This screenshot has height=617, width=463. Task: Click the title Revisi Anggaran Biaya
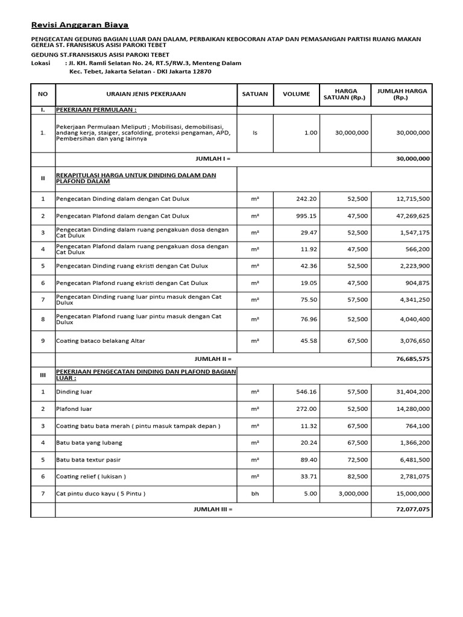[x=80, y=25]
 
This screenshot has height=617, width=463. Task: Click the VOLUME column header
[x=297, y=94]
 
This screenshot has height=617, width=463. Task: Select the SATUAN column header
[x=255, y=94]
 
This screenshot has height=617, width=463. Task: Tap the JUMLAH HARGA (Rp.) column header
[x=402, y=94]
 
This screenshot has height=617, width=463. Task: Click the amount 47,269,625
[x=413, y=216]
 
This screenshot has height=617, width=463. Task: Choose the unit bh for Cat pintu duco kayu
[x=255, y=493]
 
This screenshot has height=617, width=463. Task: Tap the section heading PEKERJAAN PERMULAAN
[x=96, y=110]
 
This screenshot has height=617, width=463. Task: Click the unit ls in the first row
[x=255, y=133]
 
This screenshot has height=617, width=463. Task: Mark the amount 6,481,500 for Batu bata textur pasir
[x=415, y=460]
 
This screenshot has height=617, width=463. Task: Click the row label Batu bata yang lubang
[x=89, y=443]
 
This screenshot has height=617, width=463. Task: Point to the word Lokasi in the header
[x=42, y=63]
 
